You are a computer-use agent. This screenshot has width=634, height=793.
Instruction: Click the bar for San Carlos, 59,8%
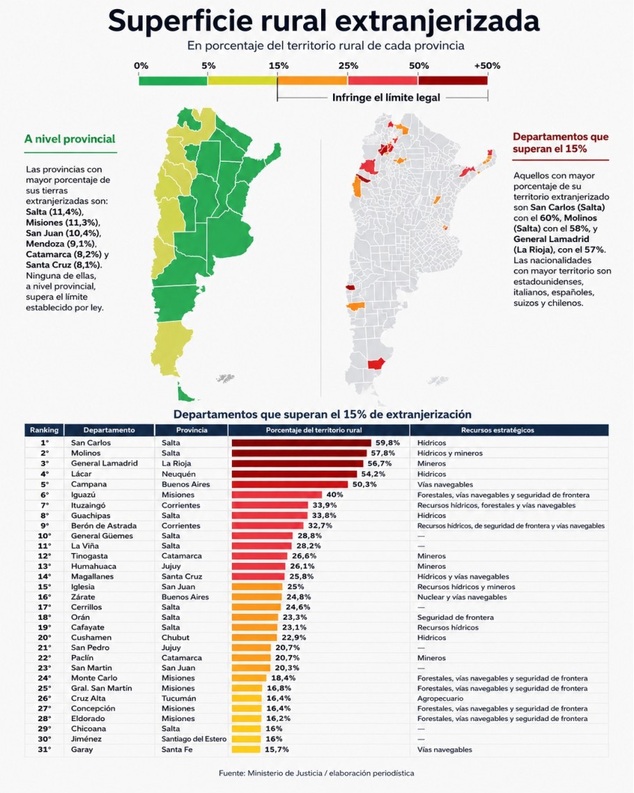coord(302,443)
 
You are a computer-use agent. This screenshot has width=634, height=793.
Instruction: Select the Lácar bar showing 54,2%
coord(295,474)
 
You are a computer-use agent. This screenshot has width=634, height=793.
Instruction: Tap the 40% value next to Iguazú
coord(334,494)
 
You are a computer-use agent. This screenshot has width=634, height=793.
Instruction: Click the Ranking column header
coord(45,430)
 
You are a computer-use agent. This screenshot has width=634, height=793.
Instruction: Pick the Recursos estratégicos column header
coord(497,430)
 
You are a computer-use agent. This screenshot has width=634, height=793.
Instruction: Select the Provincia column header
coord(192,430)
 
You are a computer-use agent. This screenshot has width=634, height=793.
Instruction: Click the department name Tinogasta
coord(89,556)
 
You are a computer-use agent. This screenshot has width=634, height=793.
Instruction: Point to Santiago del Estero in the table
coord(194,739)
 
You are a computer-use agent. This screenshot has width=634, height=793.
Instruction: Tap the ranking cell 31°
coord(45,750)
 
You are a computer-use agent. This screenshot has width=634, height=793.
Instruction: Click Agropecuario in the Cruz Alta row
coord(440,698)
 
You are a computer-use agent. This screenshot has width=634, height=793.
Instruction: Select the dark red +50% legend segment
coord(453,80)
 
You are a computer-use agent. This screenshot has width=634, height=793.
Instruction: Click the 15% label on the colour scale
coord(279,66)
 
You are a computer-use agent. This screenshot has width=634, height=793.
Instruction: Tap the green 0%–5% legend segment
coord(173,80)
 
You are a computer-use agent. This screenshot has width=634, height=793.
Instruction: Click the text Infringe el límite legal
coord(386,98)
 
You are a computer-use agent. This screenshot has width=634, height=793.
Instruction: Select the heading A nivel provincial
coord(70,139)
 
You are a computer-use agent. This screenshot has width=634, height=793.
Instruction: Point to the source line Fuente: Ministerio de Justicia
coord(316,773)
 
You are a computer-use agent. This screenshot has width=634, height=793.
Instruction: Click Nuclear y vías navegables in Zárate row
coord(462,597)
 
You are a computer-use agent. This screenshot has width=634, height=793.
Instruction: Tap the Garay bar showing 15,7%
coord(246,750)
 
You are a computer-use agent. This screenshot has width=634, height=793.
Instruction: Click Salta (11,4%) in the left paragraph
coord(54,212)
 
